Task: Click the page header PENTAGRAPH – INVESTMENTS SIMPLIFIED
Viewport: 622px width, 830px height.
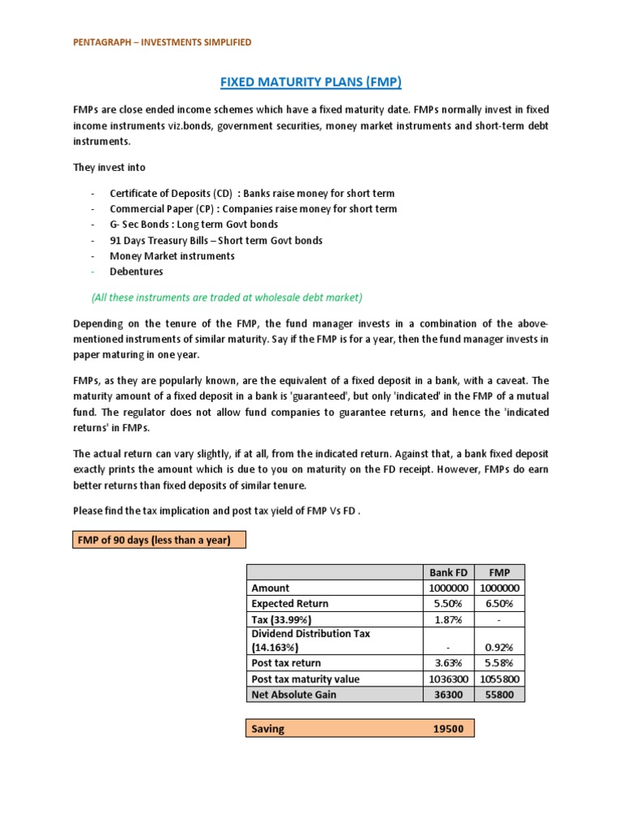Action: click(162, 41)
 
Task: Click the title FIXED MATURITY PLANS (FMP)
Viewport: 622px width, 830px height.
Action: click(312, 82)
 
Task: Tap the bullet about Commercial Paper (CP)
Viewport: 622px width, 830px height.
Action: click(253, 209)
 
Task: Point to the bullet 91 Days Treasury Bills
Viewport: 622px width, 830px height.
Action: click(215, 240)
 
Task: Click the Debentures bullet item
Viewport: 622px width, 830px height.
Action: click(136, 272)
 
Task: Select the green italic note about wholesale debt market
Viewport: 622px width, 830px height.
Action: click(228, 297)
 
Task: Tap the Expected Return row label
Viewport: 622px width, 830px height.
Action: click(290, 604)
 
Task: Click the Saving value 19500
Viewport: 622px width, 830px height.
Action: click(447, 729)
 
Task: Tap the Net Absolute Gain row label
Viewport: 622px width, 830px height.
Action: click(293, 695)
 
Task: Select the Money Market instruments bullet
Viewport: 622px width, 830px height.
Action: click(172, 256)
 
